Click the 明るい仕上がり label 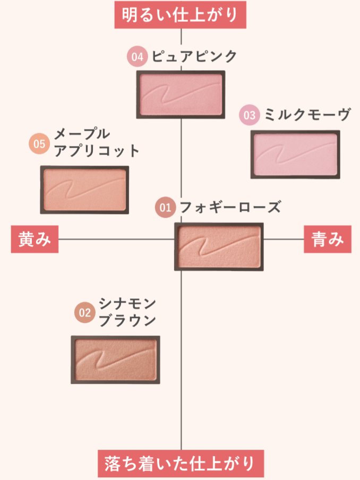(180, 14)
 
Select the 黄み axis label (35, 239)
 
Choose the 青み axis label (327, 239)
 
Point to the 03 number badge (249, 115)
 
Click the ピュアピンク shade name (194, 57)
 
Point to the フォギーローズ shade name (230, 207)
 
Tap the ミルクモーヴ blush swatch (295, 154)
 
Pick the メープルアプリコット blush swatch (84, 190)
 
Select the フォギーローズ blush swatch (219, 246)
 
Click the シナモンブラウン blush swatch (115, 359)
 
